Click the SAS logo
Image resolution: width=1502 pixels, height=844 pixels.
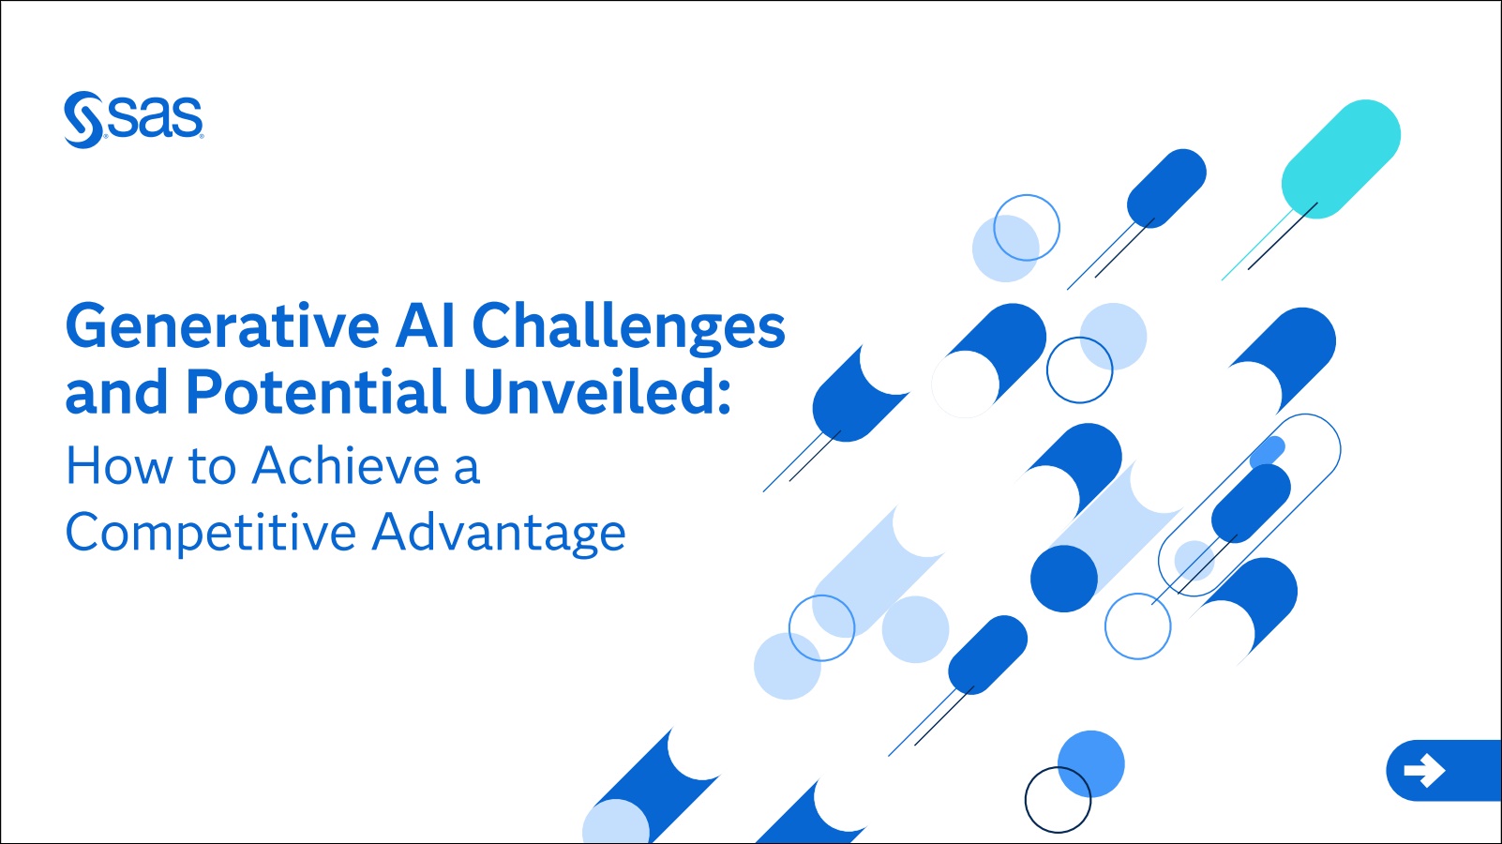133,119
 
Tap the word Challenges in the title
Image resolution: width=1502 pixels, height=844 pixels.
629,326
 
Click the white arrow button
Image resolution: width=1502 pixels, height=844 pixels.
1425,770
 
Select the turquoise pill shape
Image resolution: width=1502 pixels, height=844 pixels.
1341,159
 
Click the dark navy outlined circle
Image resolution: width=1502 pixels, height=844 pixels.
1059,800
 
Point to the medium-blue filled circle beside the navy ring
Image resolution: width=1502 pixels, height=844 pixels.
1091,763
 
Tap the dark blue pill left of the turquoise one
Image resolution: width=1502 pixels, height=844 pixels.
1166,188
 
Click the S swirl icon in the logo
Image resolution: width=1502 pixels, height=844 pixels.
83,119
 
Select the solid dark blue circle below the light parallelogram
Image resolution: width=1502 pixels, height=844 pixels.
1064,579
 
